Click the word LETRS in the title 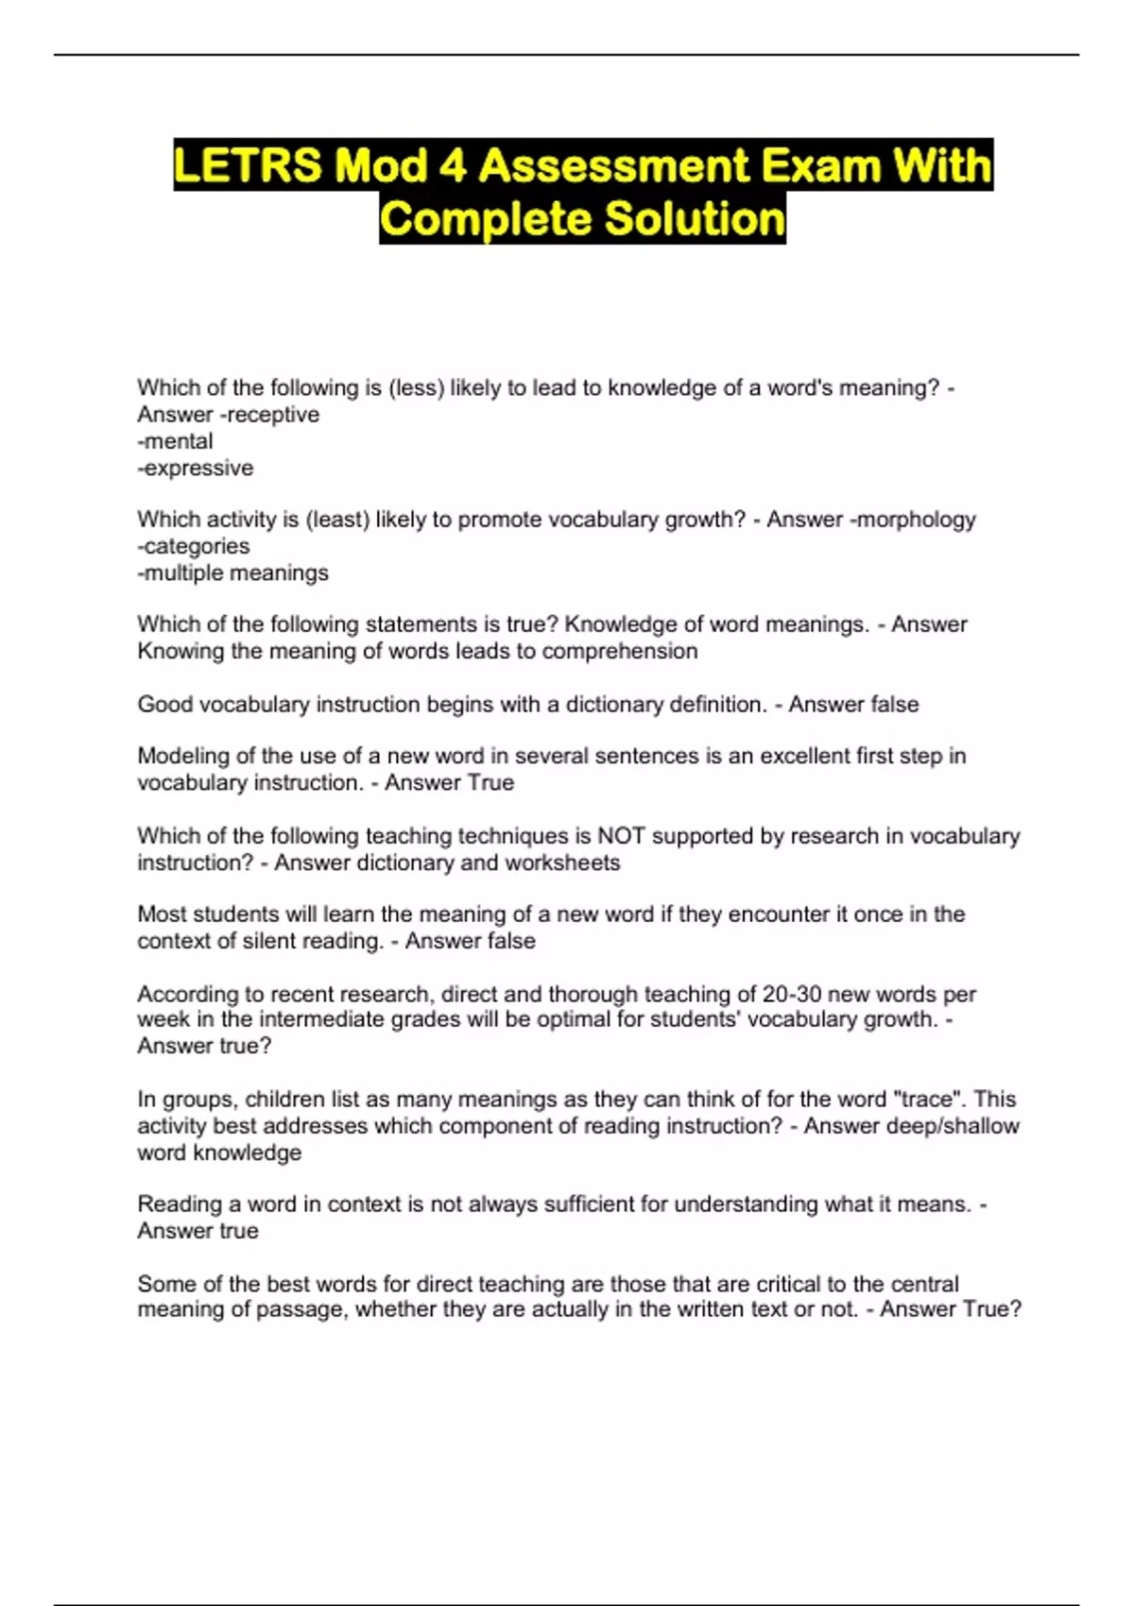click(248, 166)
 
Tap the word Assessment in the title click(614, 166)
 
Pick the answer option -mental click(176, 441)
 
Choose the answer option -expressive click(196, 468)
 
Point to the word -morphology click(913, 520)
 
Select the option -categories click(194, 546)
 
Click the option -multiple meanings click(233, 572)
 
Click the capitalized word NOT click(621, 836)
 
